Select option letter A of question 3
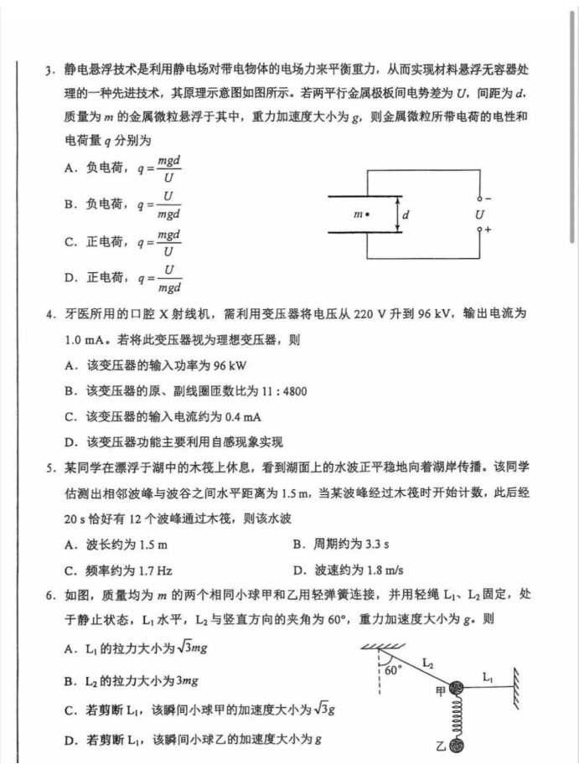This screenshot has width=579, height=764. click(70, 168)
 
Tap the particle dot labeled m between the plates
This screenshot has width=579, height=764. click(368, 215)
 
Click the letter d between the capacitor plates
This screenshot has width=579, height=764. click(406, 215)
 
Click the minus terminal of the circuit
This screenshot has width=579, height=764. click(479, 199)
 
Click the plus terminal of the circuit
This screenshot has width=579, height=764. click(479, 228)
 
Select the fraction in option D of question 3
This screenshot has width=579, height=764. click(170, 279)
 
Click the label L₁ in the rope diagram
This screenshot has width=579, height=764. click(488, 673)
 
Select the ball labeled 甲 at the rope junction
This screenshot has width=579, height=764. click(457, 689)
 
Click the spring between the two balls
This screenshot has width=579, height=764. click(457, 717)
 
